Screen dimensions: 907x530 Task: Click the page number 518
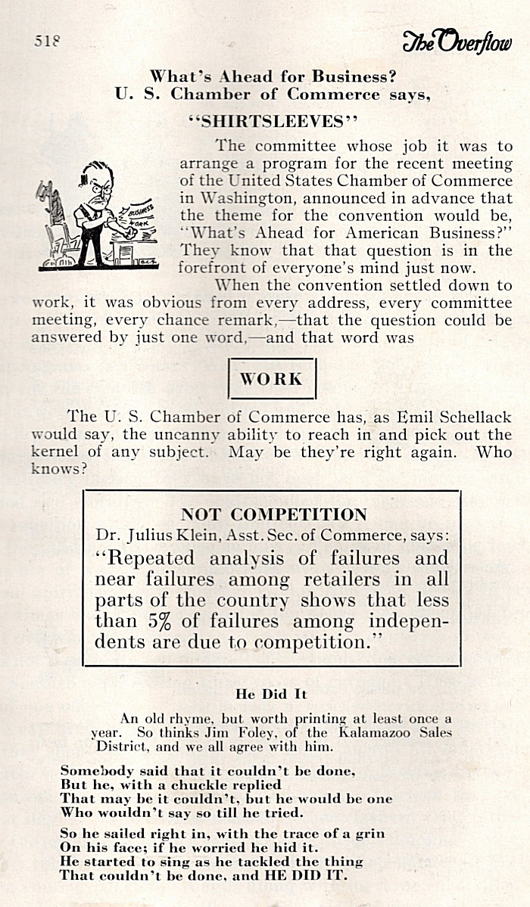[47, 42]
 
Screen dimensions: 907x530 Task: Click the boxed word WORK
[271, 379]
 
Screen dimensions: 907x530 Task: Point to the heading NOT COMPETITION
[273, 515]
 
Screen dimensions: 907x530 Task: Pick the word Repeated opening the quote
[151, 559]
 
